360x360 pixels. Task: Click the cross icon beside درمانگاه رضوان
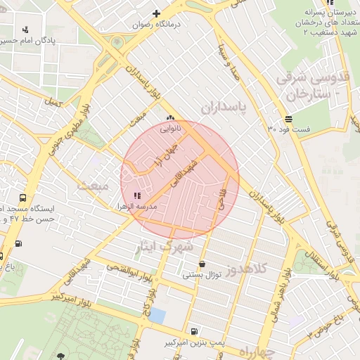click(156, 13)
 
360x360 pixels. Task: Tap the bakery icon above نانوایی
click(169, 118)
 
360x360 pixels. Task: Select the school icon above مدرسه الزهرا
click(136, 195)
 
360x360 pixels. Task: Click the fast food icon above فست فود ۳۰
click(288, 118)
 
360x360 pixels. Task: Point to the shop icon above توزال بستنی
click(202, 264)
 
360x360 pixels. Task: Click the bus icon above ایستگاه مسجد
click(23, 198)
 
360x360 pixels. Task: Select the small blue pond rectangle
click(157, 316)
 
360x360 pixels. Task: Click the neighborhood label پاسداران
click(225, 108)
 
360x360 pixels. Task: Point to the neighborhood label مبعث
click(95, 185)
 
